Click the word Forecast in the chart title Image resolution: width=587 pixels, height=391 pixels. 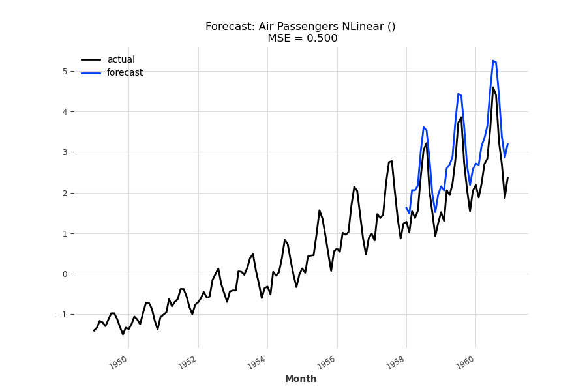pyautogui.click(x=228, y=27)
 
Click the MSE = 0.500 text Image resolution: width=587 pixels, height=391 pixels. pyautogui.click(x=302, y=38)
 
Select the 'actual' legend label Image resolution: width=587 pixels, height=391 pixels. pyautogui.click(x=121, y=60)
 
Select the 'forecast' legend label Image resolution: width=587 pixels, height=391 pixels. pyautogui.click(x=125, y=73)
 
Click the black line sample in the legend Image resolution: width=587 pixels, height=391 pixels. pyautogui.click(x=91, y=60)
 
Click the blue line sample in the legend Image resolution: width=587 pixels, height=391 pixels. pyautogui.click(x=91, y=73)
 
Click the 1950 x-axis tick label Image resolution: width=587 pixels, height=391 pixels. pyautogui.click(x=119, y=363)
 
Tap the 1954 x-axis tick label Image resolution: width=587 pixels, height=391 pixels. pyautogui.click(x=258, y=363)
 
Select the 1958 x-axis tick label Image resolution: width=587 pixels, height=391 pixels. pyautogui.click(x=397, y=363)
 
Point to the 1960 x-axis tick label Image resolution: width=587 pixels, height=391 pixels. pyautogui.click(x=466, y=363)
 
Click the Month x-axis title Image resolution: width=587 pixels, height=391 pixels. pyautogui.click(x=301, y=379)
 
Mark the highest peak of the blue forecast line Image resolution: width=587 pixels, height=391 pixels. pyautogui.click(x=493, y=61)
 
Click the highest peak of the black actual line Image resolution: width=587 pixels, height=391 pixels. pyautogui.click(x=493, y=87)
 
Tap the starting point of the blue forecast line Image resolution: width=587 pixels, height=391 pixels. pyautogui.click(x=406, y=208)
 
